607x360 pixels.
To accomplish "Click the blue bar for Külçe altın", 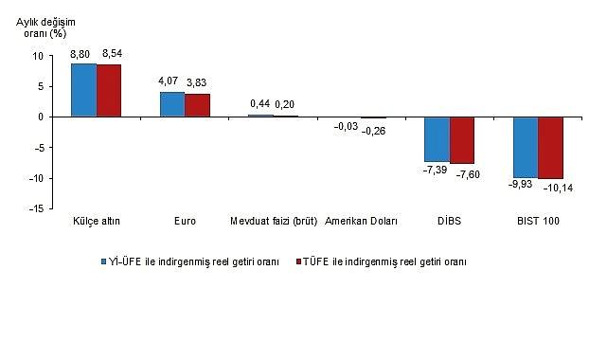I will tap(84, 90).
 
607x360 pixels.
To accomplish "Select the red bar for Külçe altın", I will tap(109, 91).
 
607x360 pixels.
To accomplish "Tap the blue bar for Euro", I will tap(172, 104).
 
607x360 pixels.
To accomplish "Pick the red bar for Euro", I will tap(197, 105).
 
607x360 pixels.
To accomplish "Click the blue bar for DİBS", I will tap(437, 139).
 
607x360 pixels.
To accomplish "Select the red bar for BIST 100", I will tap(550, 148).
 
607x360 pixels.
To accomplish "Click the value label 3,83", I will tap(198, 83).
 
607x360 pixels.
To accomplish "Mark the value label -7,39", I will tap(435, 171).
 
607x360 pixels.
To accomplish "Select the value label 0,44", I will tap(259, 104).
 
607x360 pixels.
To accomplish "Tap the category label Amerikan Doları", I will tap(361, 222).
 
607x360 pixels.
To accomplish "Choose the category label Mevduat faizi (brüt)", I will tap(273, 222).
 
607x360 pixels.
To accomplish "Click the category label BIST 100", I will tap(538, 222).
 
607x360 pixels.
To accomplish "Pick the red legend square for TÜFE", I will tap(300, 261).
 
